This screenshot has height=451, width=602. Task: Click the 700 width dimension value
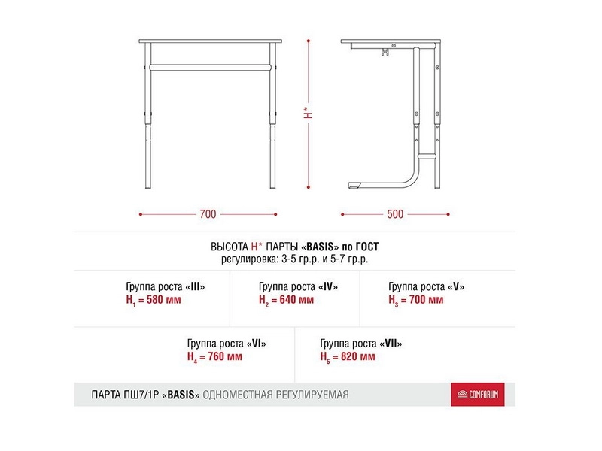tap(208, 214)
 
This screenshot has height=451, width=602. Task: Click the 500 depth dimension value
tap(395, 214)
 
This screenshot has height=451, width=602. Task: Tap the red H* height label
tap(308, 113)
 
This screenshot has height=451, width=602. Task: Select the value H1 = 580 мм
tap(154, 300)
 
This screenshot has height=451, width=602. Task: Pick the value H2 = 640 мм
tap(287, 300)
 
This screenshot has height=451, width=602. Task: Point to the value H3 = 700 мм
tap(416, 300)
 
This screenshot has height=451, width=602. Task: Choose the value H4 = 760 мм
tap(215, 357)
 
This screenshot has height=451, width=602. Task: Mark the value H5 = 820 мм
tap(348, 357)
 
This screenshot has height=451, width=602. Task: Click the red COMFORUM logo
tap(478, 394)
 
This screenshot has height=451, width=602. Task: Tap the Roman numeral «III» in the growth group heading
tap(196, 286)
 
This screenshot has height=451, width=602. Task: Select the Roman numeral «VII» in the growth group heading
tap(391, 344)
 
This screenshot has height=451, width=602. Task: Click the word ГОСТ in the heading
tap(366, 247)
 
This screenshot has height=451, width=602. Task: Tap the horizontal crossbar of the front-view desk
tap(211, 68)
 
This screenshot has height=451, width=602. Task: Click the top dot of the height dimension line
tap(309, 41)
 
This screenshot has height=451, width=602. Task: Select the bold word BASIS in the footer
tap(181, 395)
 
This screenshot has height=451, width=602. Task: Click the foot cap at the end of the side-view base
tap(354, 185)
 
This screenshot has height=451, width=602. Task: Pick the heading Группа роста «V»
tap(426, 287)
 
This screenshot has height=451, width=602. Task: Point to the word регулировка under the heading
tap(250, 259)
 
